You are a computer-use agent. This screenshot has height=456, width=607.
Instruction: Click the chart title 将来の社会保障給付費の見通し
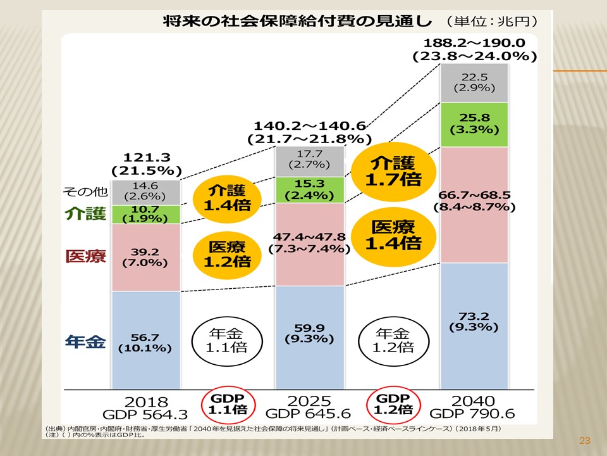pos(297,20)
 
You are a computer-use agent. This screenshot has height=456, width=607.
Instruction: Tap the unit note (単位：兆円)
pos(491,21)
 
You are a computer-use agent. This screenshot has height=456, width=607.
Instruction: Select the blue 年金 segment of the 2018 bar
pos(146,340)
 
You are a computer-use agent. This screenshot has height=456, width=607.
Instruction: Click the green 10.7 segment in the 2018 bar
pos(146,215)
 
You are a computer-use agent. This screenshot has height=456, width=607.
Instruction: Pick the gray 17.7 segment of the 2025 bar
pos(310,161)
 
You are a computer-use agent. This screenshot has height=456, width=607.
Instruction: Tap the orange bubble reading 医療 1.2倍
pos(226,253)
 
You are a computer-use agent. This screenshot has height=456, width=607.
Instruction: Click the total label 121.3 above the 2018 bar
pos(146,158)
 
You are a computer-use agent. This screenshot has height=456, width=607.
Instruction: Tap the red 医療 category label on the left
pos(85,256)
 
